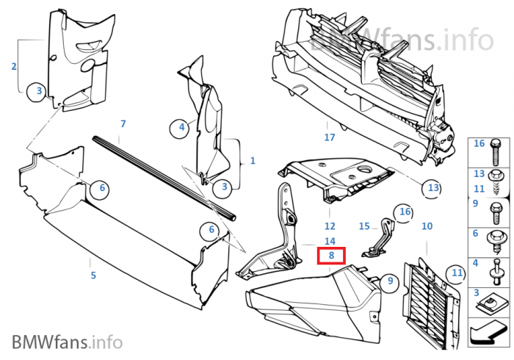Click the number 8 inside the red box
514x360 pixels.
[x=332, y=256]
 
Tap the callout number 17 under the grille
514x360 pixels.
[x=330, y=137]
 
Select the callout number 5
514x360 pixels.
[x=93, y=276]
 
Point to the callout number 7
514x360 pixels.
[x=123, y=123]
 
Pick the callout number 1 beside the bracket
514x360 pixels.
[x=253, y=160]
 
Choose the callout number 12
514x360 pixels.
[x=330, y=226]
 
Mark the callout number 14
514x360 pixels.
[x=330, y=241]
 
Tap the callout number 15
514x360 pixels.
[x=364, y=226]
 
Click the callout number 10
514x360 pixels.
[x=427, y=226]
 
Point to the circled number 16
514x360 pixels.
[x=404, y=212]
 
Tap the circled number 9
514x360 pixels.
[x=391, y=280]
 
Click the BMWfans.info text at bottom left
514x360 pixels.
[x=66, y=342]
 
